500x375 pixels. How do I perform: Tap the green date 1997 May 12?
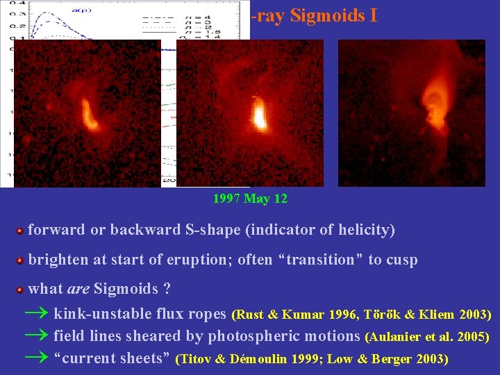(250, 199)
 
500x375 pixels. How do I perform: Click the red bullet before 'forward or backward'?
(21, 231)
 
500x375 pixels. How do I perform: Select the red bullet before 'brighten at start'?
(21, 260)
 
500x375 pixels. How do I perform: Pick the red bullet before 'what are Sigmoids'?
(21, 290)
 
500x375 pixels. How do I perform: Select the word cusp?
(402, 260)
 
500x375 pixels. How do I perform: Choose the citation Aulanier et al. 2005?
(427, 337)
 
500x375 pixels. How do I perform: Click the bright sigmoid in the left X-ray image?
(90, 114)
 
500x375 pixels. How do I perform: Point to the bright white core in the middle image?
(259, 115)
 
